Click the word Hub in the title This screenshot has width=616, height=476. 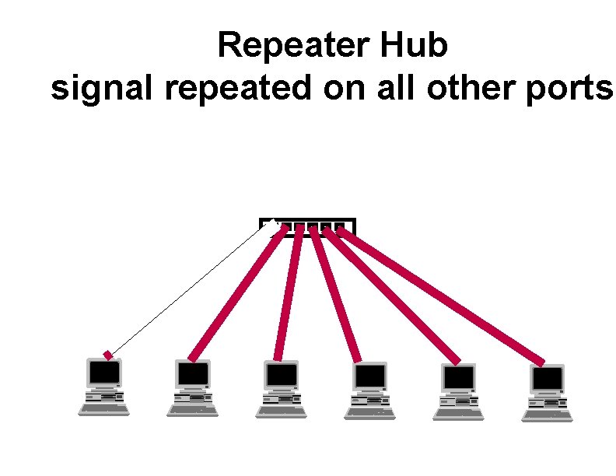pyautogui.click(x=415, y=46)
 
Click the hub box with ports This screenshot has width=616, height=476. pyautogui.click(x=307, y=226)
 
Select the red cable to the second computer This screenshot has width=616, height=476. pyautogui.click(x=236, y=292)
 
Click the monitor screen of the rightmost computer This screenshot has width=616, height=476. pyautogui.click(x=548, y=379)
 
